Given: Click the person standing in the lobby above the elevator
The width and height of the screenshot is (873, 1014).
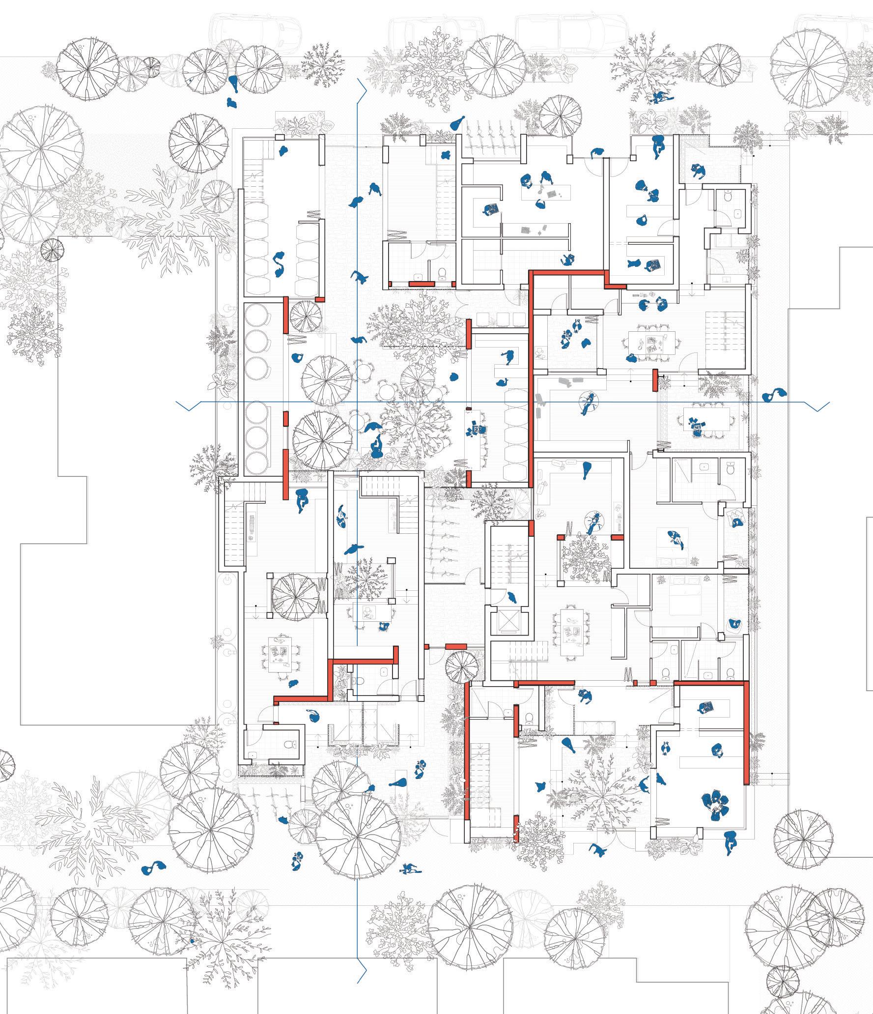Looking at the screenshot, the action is click(x=512, y=598).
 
